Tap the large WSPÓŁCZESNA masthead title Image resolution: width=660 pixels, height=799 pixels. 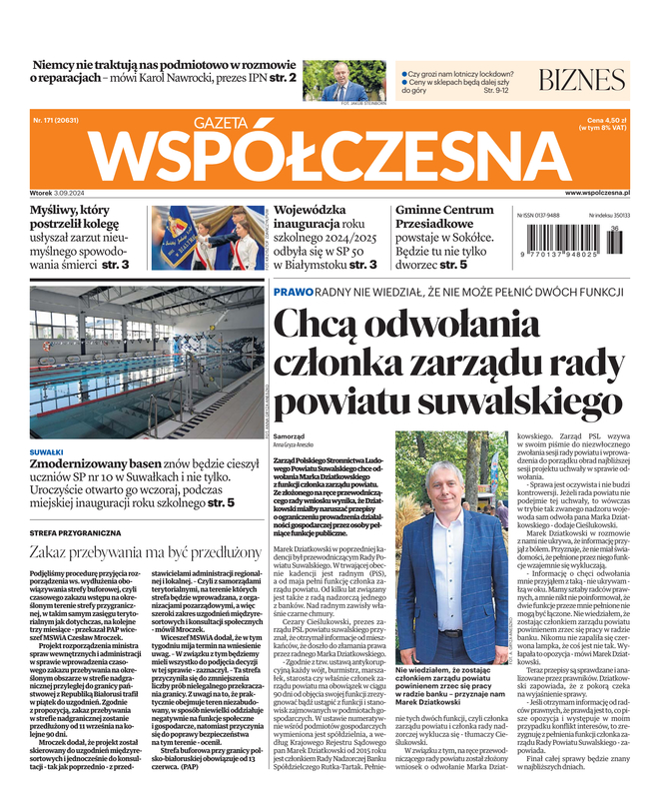coord(330,155)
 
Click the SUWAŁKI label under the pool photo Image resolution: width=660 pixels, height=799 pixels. coord(46,451)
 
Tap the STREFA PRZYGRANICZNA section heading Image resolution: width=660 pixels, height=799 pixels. coord(76,532)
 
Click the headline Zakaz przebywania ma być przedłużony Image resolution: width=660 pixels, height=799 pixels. coord(145,551)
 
